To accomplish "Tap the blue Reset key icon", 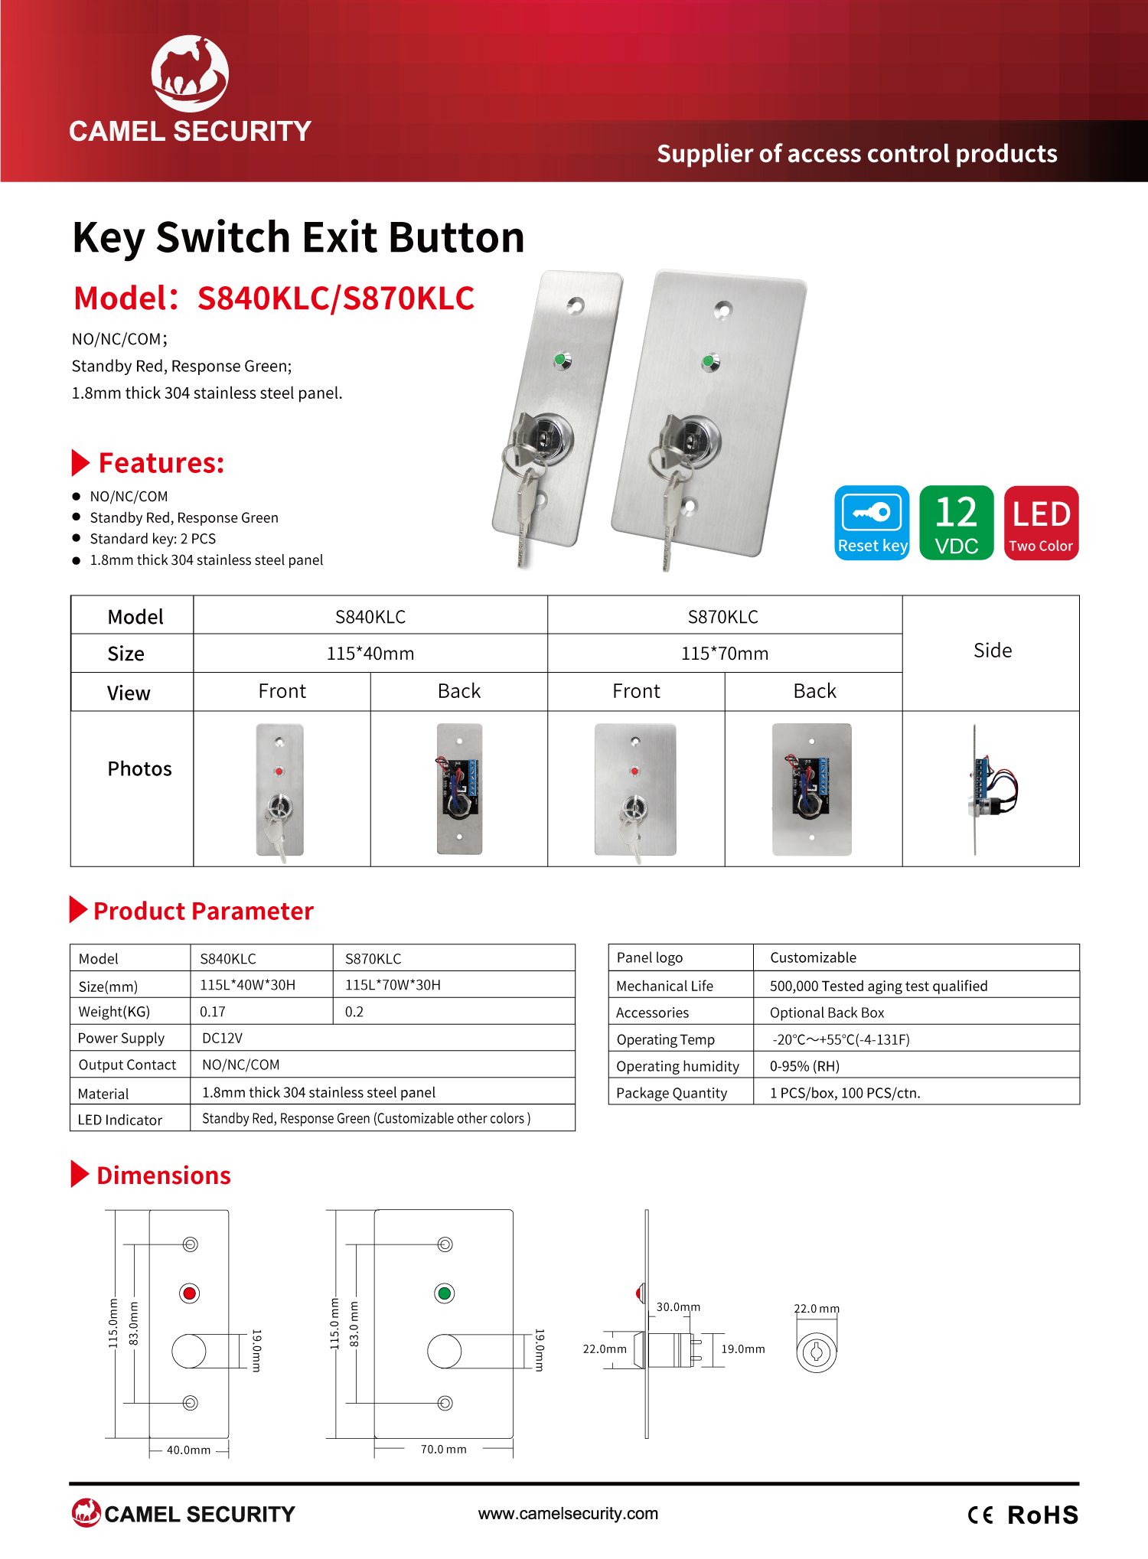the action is point(872,523).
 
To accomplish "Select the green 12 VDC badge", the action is point(957,523).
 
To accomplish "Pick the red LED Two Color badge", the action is point(1041,523).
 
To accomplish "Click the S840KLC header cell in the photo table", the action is point(370,617).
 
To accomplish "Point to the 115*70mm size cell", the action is point(725,654).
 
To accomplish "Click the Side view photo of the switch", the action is point(992,789).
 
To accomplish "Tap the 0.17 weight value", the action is point(213,1012).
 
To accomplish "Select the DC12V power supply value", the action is point(222,1038).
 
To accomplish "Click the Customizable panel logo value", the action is point(813,957).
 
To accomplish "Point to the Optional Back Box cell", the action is point(827,1013).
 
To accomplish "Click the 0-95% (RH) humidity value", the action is point(804,1066).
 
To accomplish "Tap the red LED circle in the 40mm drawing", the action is point(189,1293).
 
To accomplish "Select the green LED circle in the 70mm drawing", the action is point(444,1293).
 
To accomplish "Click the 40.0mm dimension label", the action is point(188,1450).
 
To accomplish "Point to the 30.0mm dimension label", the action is point(678,1306).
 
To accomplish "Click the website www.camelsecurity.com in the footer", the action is point(568,1513).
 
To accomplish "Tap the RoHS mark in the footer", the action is point(1042,1515).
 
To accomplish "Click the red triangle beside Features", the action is point(80,462).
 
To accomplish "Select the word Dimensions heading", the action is point(164,1175).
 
